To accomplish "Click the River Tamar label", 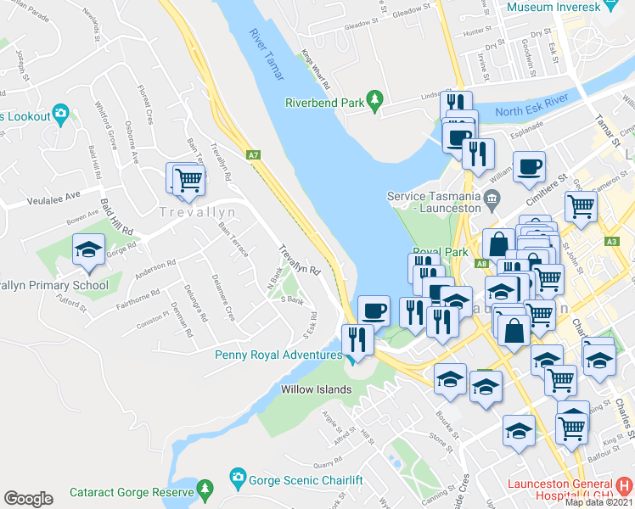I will [x=266, y=56].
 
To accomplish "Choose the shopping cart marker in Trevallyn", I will [x=188, y=178].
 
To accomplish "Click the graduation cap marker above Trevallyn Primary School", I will [x=88, y=250].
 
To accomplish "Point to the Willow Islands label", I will [x=317, y=389].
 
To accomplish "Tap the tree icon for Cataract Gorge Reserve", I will [x=204, y=489].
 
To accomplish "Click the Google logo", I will [x=28, y=499].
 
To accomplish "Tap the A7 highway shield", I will [x=253, y=155].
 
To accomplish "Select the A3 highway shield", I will [x=612, y=241].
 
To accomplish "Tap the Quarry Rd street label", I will [x=328, y=465].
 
